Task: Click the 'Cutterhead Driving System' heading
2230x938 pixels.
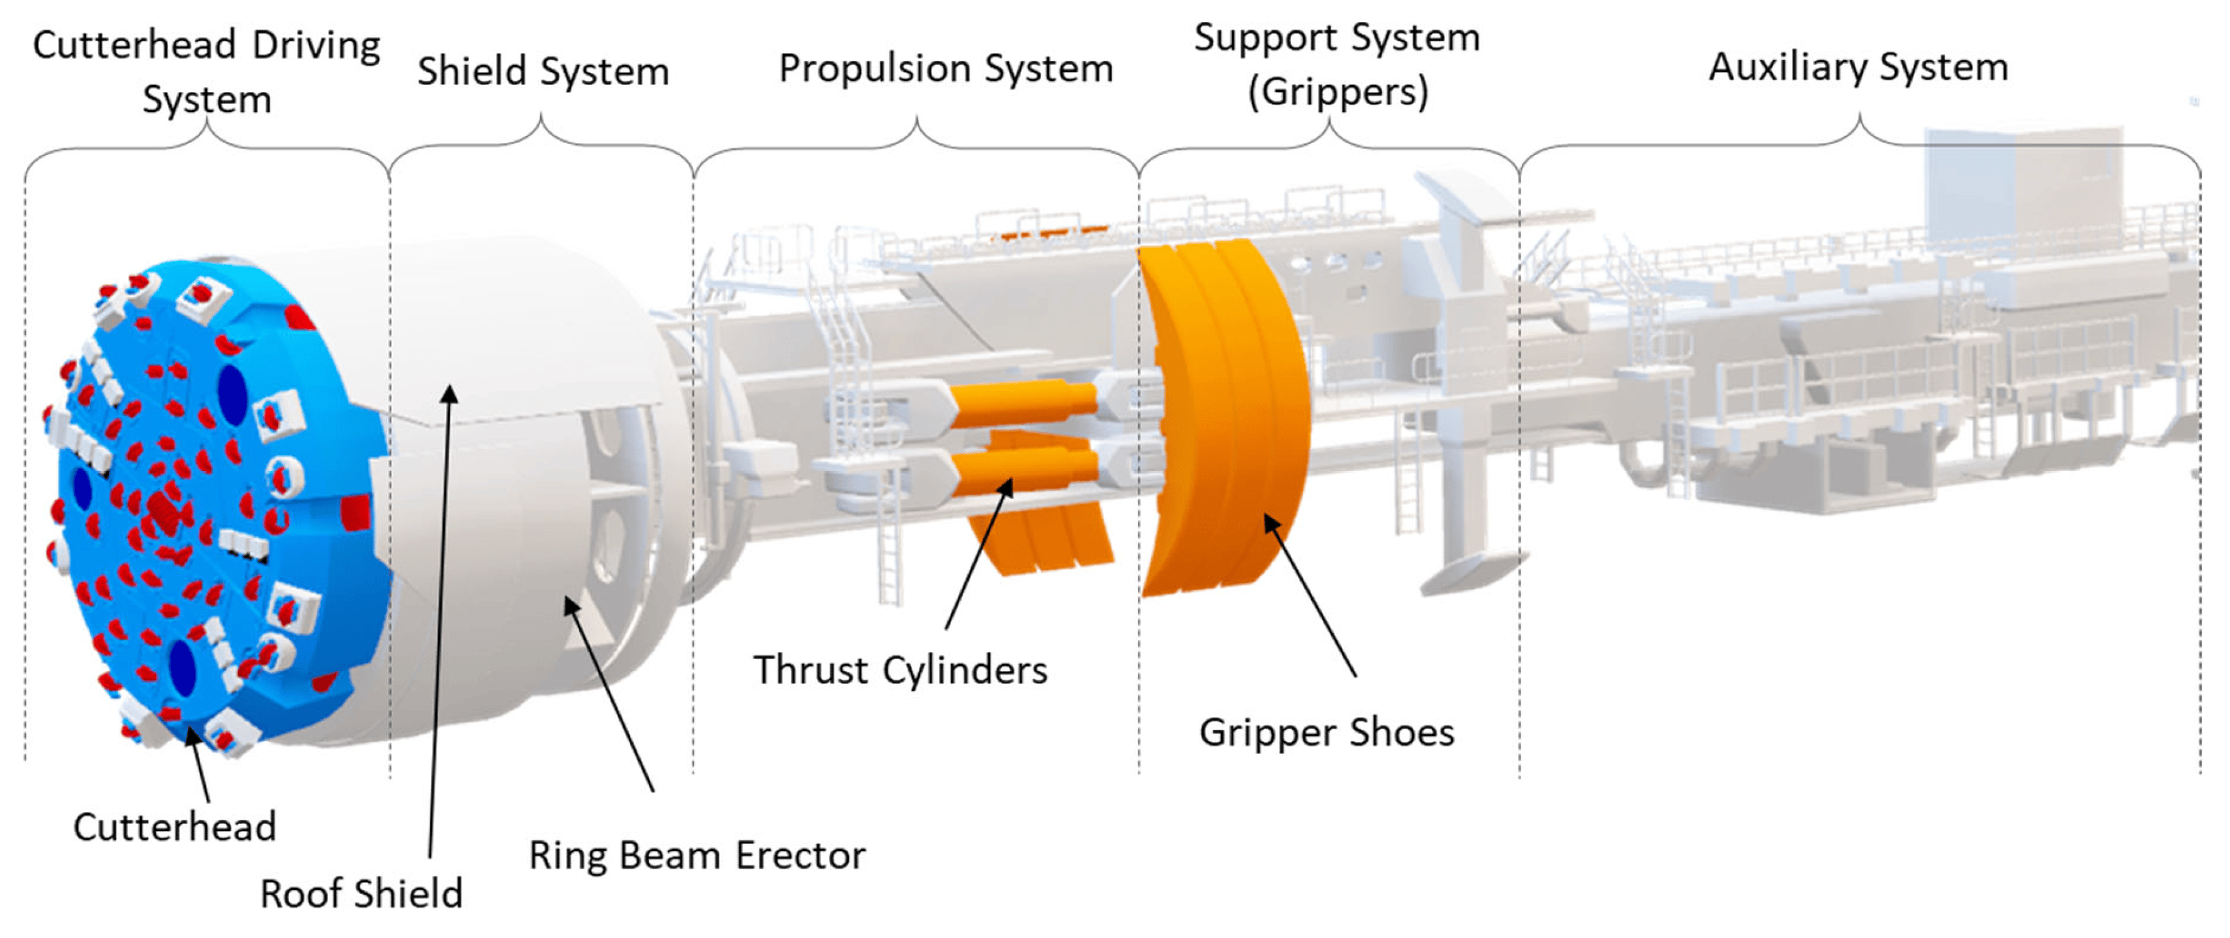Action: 207,72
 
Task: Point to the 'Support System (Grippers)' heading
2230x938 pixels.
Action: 1337,64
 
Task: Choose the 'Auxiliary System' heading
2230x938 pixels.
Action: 1859,67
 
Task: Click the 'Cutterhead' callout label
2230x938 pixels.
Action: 175,827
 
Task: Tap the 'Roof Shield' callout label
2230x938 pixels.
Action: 362,894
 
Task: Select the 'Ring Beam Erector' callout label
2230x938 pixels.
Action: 698,855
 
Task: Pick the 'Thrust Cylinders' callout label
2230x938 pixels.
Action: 900,670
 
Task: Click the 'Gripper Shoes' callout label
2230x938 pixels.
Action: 1327,733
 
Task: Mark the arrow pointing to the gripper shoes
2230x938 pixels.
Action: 1310,595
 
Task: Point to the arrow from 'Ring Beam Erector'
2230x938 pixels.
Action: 609,694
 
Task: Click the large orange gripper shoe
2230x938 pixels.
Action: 1223,418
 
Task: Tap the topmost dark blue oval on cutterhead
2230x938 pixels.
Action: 232,396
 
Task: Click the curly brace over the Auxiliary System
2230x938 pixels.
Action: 1859,143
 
